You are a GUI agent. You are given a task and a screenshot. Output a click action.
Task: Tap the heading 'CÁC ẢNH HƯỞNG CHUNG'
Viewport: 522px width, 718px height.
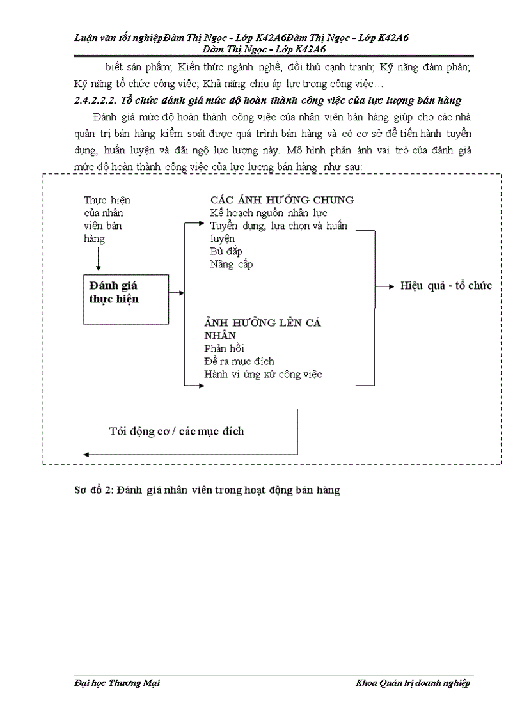click(282, 200)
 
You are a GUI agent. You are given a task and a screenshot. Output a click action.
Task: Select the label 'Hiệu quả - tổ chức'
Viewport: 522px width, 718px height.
click(446, 285)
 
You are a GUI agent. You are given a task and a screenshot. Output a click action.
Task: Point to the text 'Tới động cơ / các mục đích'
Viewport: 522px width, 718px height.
click(176, 431)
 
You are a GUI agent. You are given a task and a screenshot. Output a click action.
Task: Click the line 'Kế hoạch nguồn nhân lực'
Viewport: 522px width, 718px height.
click(269, 213)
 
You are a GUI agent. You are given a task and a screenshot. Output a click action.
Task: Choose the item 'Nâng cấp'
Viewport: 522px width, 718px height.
click(231, 263)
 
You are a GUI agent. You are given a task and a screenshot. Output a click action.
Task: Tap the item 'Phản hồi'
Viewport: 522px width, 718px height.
click(224, 348)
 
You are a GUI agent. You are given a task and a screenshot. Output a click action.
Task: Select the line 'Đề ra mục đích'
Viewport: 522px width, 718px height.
click(239, 361)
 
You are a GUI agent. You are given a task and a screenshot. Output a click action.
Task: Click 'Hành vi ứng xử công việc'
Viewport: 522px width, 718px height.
click(263, 374)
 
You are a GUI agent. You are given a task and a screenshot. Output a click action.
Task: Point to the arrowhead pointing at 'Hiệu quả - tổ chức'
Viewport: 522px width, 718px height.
click(391, 286)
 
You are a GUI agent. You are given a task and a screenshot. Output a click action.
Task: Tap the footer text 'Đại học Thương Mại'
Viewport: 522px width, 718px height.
click(113, 683)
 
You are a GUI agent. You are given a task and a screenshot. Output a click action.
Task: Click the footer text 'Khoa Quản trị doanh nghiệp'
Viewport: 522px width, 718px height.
click(413, 683)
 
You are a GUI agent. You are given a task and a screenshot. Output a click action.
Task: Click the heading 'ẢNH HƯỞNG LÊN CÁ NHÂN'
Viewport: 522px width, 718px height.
click(262, 329)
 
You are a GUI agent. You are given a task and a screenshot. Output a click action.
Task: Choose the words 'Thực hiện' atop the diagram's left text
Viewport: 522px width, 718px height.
click(107, 200)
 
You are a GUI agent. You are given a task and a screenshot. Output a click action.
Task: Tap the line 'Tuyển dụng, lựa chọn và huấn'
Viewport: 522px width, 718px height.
click(279, 226)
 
